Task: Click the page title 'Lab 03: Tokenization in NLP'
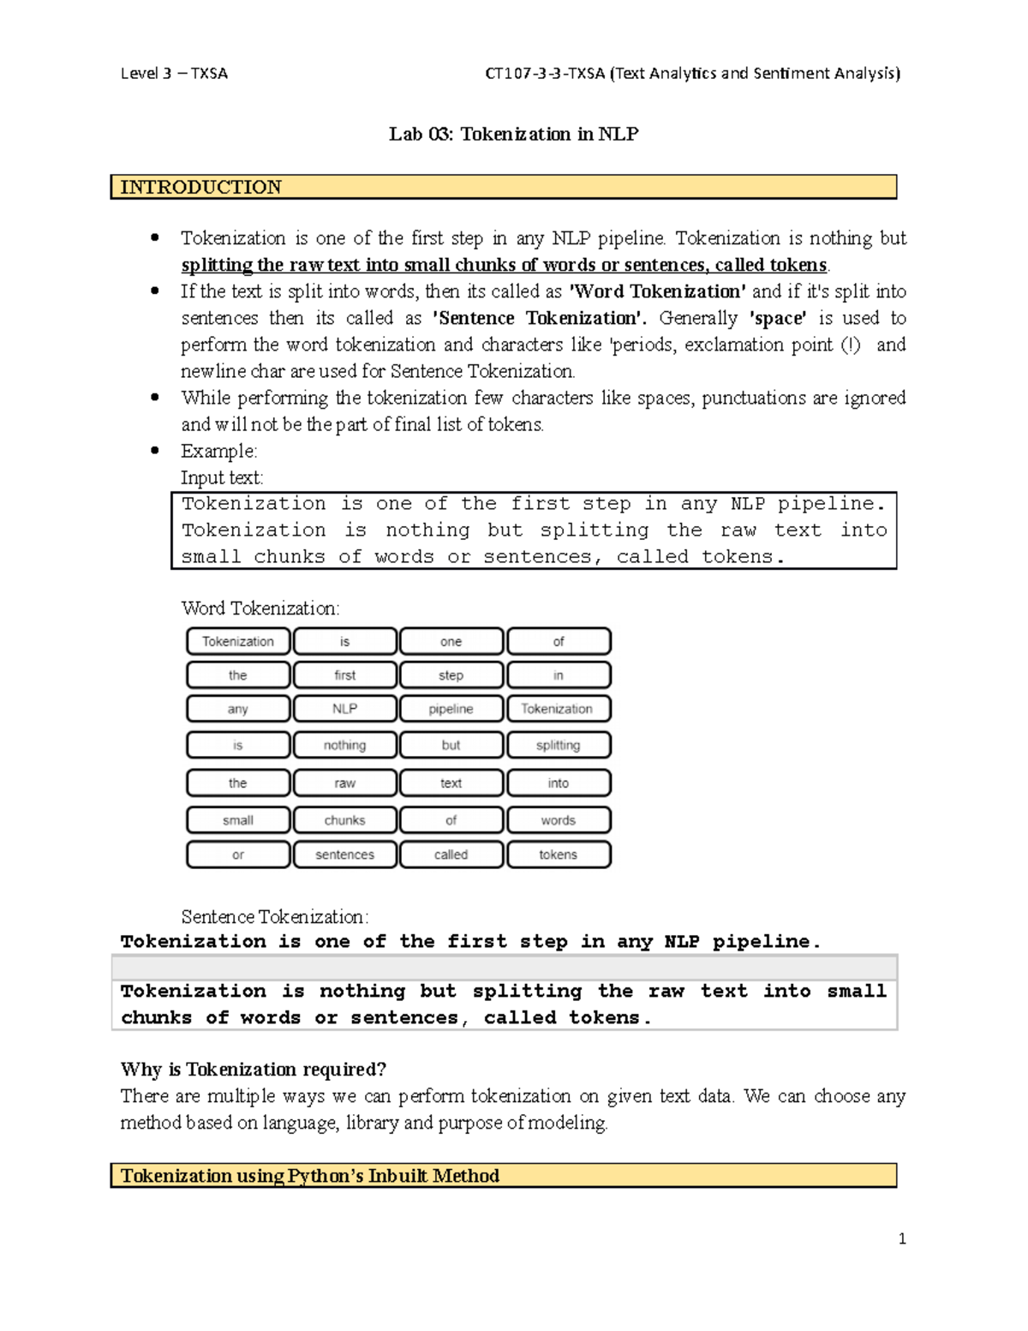(513, 134)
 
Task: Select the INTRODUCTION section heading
(200, 187)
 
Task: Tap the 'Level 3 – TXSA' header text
(174, 74)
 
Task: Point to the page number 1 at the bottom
(901, 1238)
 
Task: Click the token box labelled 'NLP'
(344, 709)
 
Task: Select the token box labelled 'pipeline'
(451, 709)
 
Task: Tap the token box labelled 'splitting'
(558, 745)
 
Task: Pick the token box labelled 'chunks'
(344, 820)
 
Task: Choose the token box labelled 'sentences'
(344, 854)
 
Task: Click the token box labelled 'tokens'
(558, 854)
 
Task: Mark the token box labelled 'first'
(344, 675)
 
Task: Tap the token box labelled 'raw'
(344, 783)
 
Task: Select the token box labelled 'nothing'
(344, 745)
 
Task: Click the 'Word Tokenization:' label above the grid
(260, 609)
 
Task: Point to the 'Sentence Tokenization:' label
(274, 917)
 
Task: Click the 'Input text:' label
(222, 477)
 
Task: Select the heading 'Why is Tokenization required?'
(254, 1070)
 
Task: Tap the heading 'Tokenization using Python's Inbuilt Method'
(309, 1176)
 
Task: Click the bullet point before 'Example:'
(155, 451)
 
